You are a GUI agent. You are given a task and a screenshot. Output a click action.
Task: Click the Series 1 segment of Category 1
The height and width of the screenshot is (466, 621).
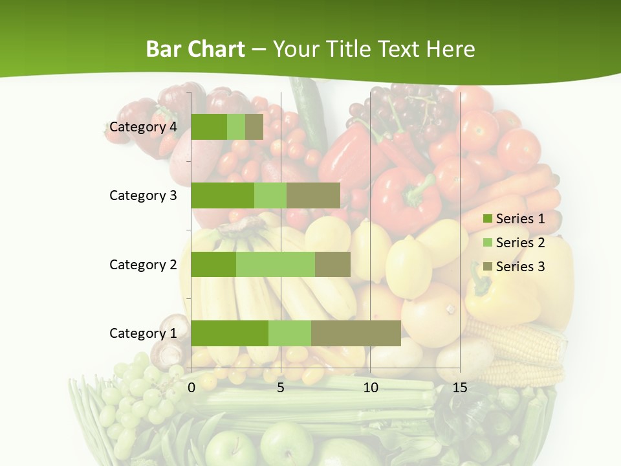(230, 333)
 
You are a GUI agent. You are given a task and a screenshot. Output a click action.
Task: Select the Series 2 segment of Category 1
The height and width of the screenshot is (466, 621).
(290, 333)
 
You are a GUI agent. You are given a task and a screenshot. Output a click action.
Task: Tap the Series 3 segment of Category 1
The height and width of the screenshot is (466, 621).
(356, 333)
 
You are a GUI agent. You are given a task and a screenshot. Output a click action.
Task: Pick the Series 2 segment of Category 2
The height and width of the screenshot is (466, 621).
(276, 264)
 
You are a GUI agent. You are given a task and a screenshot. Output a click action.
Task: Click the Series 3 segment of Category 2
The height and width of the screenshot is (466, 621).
(332, 264)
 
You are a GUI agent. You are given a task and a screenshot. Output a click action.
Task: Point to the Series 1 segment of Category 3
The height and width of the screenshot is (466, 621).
(223, 195)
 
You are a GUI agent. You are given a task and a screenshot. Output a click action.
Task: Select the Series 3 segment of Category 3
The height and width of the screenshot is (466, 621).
(313, 195)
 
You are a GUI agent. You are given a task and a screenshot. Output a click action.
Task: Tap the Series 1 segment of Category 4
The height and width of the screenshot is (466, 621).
(209, 127)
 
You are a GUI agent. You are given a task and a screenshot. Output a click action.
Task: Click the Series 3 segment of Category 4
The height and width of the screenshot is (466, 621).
(254, 127)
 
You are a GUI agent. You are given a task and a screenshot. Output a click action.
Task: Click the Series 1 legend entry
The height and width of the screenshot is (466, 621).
(514, 219)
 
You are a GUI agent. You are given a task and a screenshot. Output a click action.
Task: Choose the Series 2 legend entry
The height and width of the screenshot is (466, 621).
(514, 243)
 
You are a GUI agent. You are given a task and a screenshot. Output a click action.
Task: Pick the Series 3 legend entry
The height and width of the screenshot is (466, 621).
(514, 266)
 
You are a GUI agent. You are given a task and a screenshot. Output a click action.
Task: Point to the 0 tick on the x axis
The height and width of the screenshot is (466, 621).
(191, 388)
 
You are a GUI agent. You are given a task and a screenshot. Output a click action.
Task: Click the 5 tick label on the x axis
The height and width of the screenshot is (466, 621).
(281, 388)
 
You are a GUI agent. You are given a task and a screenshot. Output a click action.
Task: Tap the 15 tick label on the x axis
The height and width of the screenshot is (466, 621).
(459, 388)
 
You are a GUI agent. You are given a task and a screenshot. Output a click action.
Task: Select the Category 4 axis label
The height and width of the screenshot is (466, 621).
(143, 127)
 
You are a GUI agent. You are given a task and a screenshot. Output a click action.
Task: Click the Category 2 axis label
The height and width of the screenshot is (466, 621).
(143, 264)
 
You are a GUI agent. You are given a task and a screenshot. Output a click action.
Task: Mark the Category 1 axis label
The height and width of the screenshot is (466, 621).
(143, 333)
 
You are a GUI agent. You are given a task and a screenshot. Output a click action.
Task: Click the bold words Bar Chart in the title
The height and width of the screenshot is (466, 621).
(195, 49)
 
